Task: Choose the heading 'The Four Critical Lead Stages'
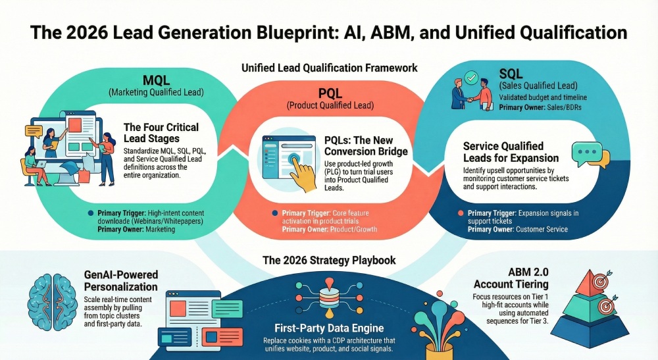click(161, 134)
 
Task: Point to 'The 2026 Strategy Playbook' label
click(329, 260)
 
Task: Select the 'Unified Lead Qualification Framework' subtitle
click(329, 67)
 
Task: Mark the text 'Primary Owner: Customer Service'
click(517, 229)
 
